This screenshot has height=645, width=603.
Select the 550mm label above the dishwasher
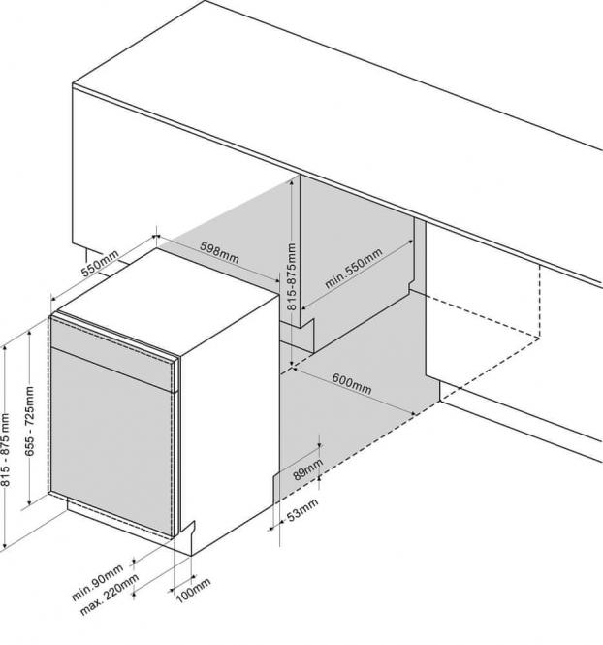tap(99, 264)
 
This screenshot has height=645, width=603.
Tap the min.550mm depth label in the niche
tap(354, 269)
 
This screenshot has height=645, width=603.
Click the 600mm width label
tap(351, 381)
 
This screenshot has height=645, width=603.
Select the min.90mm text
tap(97, 579)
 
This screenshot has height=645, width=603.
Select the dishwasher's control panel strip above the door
tap(114, 351)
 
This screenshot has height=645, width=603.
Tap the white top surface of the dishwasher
tap(165, 291)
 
